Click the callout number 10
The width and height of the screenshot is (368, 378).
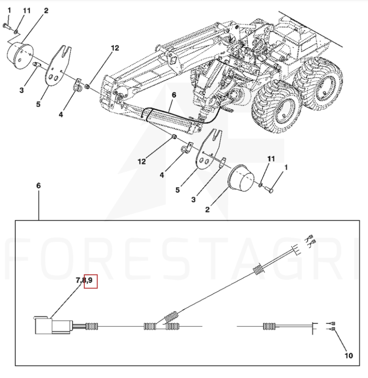(349, 356)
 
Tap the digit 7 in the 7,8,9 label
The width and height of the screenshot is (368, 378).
(78, 280)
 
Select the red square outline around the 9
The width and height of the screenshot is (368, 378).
(90, 281)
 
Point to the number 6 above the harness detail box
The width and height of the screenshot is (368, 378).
(38, 186)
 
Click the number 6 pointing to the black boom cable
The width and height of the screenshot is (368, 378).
(174, 95)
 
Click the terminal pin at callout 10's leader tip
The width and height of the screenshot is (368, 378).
(333, 329)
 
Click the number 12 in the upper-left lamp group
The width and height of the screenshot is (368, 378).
(115, 48)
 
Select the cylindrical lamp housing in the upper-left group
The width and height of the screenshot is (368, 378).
(20, 55)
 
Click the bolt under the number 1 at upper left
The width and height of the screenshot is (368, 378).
(7, 26)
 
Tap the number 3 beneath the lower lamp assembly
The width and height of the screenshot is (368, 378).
(193, 200)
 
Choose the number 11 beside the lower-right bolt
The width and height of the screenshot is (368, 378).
(271, 159)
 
